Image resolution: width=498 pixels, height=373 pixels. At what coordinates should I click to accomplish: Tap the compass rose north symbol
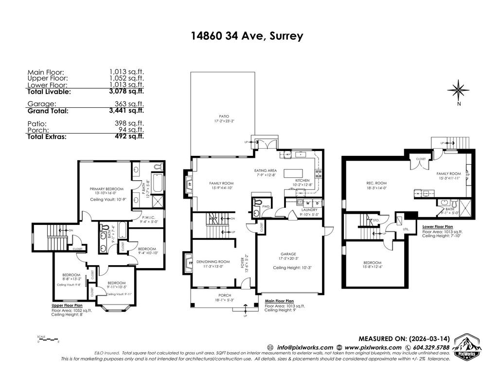pyautogui.click(x=458, y=90)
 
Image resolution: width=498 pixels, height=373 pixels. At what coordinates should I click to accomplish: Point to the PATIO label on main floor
pyautogui.click(x=224, y=117)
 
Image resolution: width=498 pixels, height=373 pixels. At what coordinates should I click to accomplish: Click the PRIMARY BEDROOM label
pyautogui.click(x=107, y=188)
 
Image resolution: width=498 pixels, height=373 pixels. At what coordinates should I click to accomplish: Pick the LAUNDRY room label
pyautogui.click(x=309, y=209)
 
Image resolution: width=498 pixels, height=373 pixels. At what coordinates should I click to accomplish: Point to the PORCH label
pyautogui.click(x=224, y=295)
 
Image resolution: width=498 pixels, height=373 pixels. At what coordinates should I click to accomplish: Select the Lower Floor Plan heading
pyautogui.click(x=438, y=226)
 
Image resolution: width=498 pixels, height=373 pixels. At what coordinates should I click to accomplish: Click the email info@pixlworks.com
pyautogui.click(x=305, y=347)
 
